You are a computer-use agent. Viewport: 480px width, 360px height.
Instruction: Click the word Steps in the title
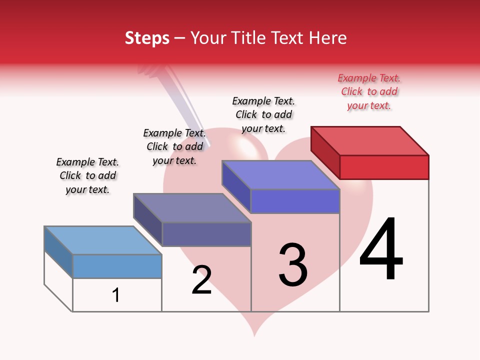point(147,38)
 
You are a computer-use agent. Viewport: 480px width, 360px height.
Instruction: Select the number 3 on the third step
point(293,265)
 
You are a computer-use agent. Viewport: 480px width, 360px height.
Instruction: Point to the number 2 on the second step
point(202,279)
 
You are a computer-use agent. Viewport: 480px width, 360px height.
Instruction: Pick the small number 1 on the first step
point(116,295)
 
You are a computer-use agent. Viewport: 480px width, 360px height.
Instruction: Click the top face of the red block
point(370,140)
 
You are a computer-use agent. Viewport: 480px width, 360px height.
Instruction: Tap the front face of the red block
point(384,167)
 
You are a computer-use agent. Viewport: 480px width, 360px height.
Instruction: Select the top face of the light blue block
point(103,240)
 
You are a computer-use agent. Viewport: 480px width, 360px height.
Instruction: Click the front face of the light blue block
point(117,266)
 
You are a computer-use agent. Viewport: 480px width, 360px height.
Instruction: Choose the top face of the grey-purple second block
point(192,207)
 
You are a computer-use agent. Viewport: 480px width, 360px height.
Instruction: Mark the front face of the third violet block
point(295,201)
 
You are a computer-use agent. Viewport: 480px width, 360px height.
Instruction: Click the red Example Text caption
point(369,91)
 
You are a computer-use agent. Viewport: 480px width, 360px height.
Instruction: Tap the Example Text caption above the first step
point(87,175)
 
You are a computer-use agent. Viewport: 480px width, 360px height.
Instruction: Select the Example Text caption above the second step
point(174,146)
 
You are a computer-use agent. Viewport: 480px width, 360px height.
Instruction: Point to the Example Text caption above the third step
point(263,114)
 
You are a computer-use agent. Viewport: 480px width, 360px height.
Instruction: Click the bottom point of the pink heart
point(254,335)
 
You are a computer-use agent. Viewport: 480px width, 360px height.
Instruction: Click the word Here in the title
point(328,38)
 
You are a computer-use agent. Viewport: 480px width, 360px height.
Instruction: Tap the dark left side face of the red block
point(325,152)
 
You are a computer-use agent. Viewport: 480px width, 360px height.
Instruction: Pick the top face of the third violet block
point(281,175)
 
